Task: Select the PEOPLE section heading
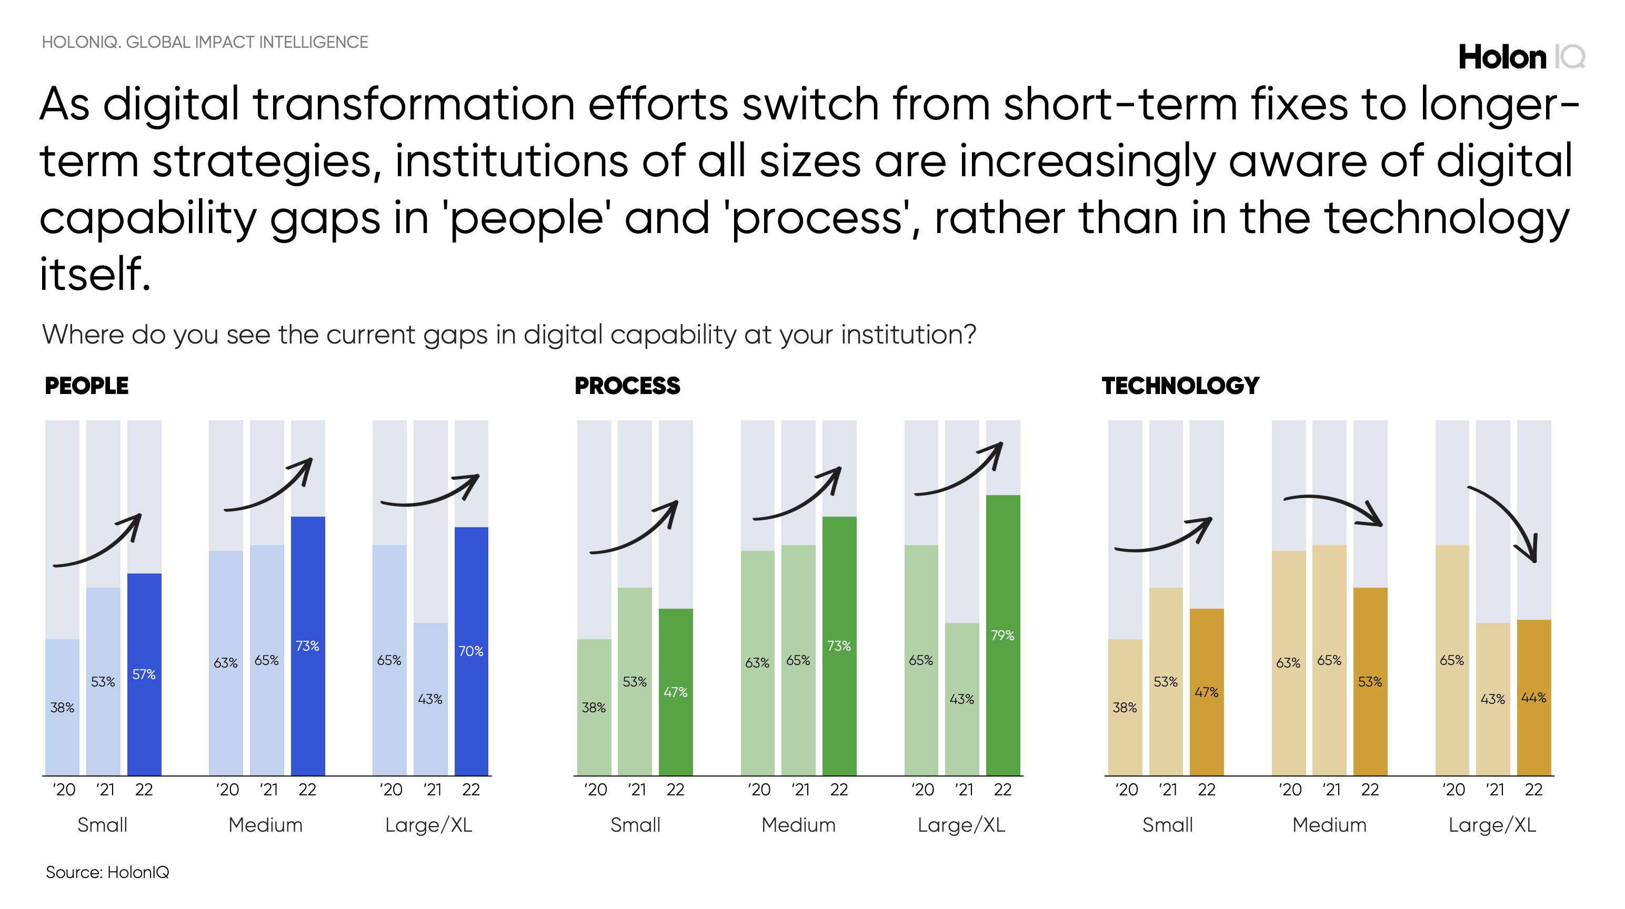click(86, 386)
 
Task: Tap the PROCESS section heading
click(627, 386)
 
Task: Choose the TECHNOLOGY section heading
click(1180, 386)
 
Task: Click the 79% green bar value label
click(1002, 635)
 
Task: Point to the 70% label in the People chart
click(470, 651)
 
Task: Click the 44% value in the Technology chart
click(1533, 697)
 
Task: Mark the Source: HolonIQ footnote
click(107, 872)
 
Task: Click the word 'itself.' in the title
click(95, 275)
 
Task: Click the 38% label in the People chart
click(62, 708)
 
